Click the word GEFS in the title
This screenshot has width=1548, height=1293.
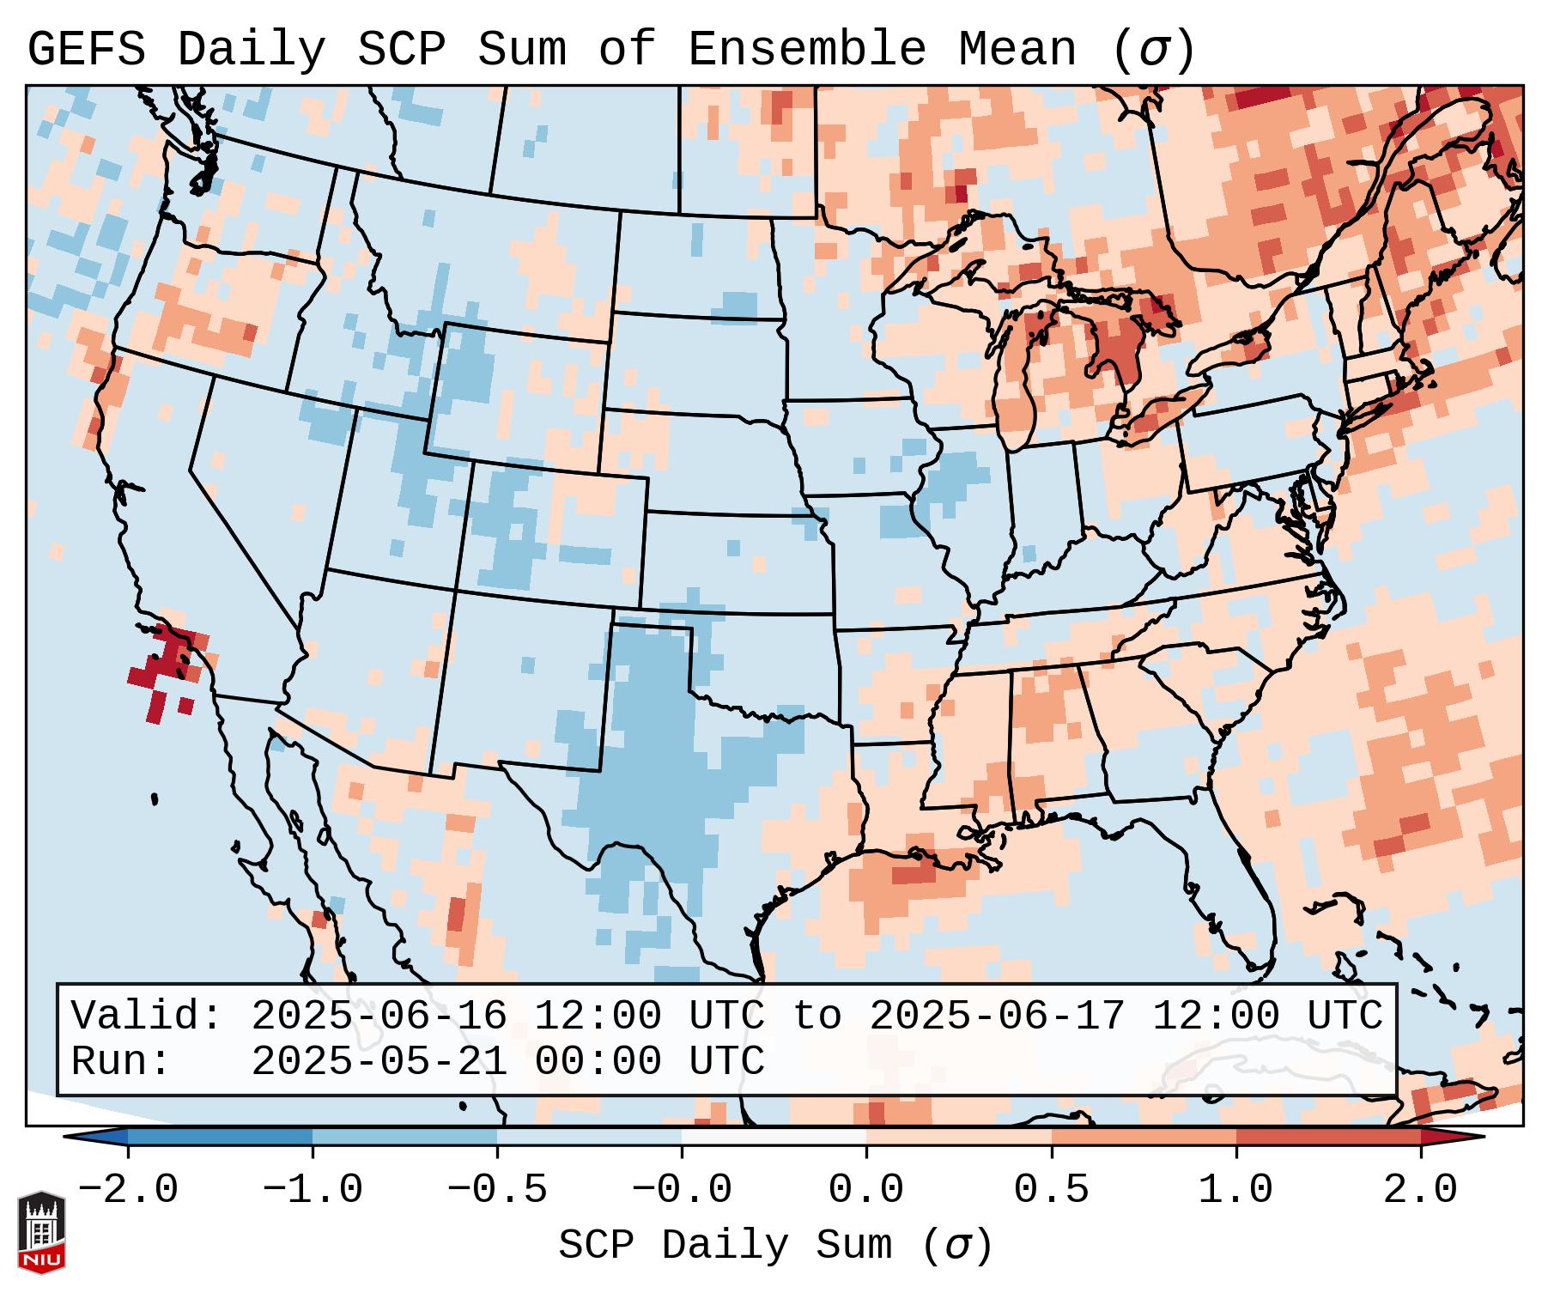point(87,49)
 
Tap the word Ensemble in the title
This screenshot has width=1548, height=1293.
point(807,49)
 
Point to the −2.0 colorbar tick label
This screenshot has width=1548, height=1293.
point(128,1190)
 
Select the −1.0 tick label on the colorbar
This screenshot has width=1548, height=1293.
point(313,1190)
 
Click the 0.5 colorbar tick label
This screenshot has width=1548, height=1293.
point(1052,1190)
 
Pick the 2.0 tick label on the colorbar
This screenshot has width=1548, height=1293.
point(1421,1190)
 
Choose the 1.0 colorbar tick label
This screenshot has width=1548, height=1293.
point(1236,1190)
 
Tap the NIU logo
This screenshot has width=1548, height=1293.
point(41,1232)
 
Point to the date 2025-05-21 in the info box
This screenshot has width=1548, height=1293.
point(379,1061)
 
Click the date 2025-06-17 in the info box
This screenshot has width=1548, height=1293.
point(998,1016)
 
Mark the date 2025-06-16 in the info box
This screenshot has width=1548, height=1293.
point(379,1016)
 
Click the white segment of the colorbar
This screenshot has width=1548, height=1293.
point(774,1137)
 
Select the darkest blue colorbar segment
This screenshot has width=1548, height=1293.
point(220,1137)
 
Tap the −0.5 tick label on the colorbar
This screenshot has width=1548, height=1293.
point(497,1190)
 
